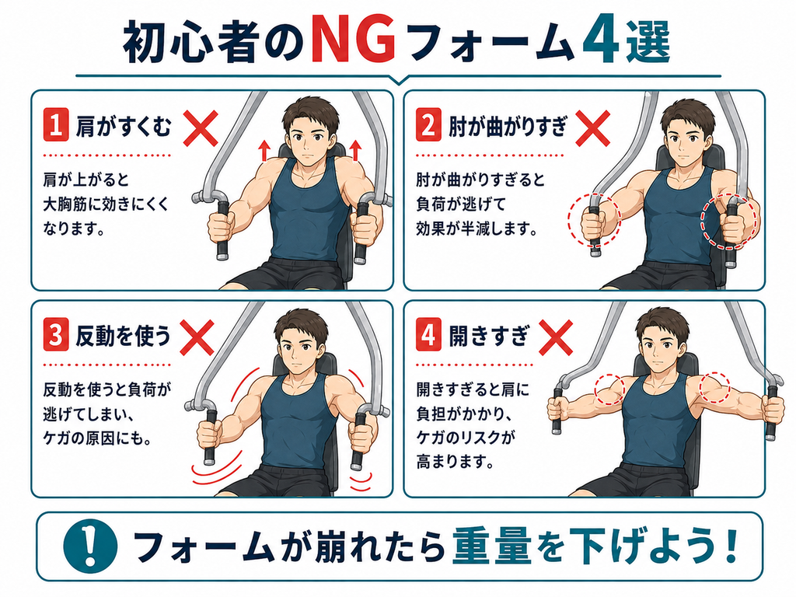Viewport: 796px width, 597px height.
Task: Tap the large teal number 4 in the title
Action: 601,43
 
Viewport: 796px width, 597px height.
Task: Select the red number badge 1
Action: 56,124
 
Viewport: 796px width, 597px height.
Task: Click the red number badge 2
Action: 428,124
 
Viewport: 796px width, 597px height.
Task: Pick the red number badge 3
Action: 56,335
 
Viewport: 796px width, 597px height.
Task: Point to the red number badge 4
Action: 428,335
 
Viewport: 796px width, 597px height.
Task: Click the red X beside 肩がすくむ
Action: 200,128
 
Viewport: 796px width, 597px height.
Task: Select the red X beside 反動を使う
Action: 197,337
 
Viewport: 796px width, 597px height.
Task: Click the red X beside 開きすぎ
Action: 555,337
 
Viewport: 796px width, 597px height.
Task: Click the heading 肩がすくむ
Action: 124,125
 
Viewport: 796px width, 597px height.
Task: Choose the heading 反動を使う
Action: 124,336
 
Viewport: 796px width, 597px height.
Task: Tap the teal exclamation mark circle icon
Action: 90,547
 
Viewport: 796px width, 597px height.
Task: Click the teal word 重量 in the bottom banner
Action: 492,547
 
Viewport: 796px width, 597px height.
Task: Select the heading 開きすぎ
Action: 488,336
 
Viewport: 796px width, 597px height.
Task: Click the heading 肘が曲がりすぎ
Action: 508,125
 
